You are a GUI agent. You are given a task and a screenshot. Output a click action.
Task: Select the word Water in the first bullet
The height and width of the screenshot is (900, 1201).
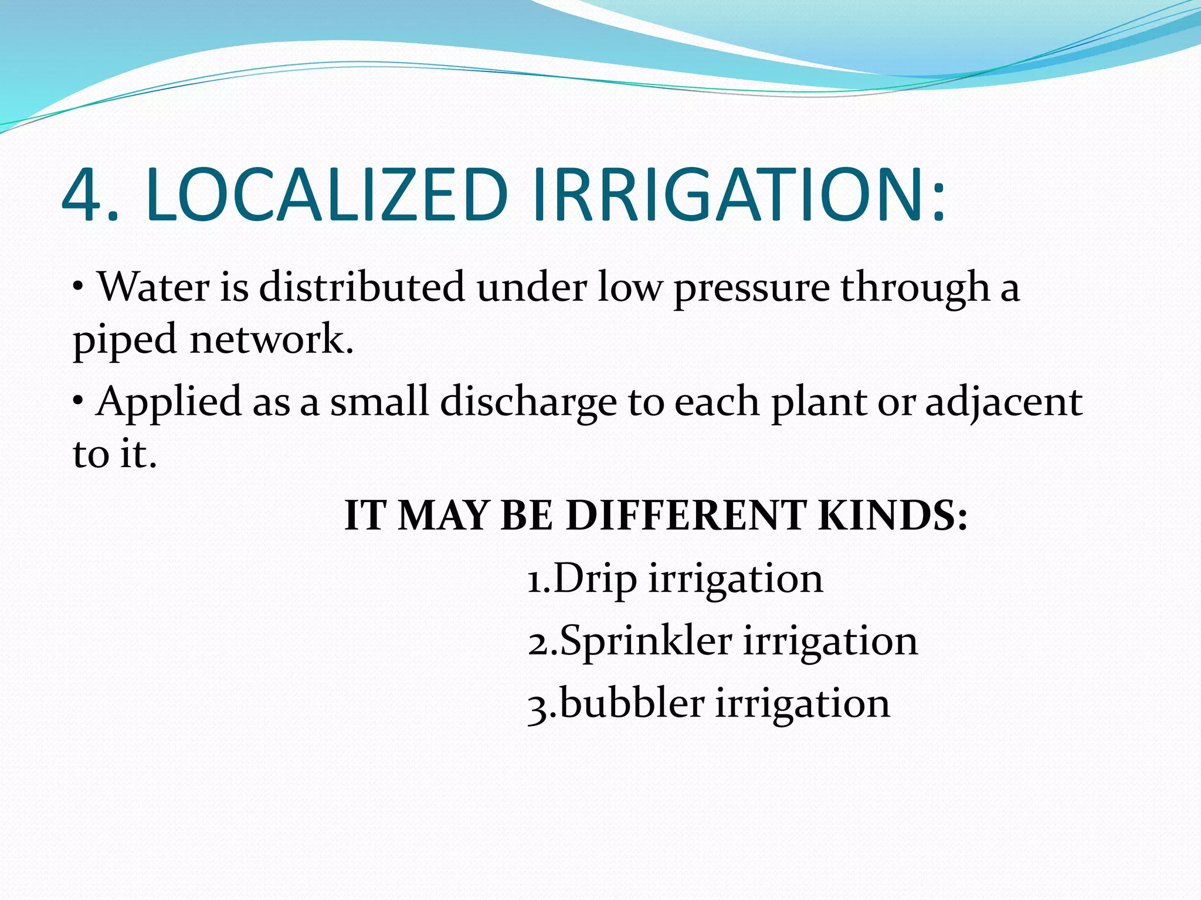pyautogui.click(x=154, y=287)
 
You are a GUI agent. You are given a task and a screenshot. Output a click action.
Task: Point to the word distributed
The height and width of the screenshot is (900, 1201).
pyautogui.click(x=362, y=287)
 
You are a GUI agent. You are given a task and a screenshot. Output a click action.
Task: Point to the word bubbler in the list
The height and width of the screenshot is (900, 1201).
pyautogui.click(x=632, y=703)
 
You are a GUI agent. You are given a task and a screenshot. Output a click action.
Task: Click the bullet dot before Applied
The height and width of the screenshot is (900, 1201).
pyautogui.click(x=78, y=402)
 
